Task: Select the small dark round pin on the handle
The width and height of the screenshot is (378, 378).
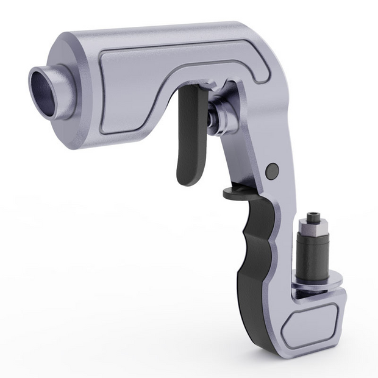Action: (x=273, y=169)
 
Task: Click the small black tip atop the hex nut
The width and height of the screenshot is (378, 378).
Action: (x=314, y=215)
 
